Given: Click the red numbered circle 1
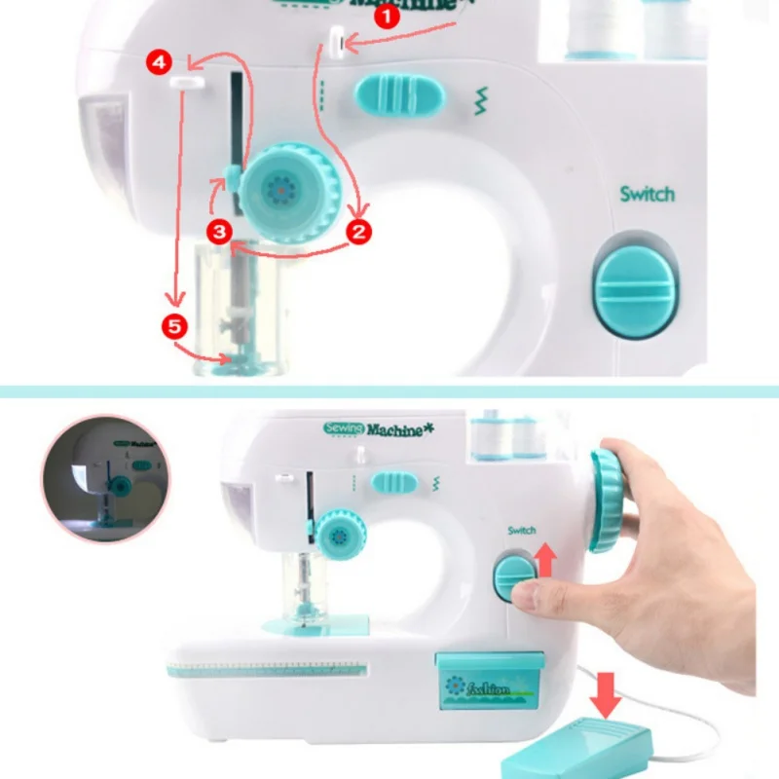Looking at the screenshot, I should [x=389, y=16].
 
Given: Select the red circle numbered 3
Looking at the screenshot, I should [x=220, y=231].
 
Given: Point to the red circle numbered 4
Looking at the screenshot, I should [x=161, y=62].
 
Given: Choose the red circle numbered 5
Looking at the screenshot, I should [x=174, y=326].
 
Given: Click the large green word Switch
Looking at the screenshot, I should [x=647, y=194].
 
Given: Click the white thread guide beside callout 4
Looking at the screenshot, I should [x=186, y=86].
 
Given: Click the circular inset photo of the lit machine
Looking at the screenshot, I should [x=105, y=479].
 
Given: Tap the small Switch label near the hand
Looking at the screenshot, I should [x=521, y=530].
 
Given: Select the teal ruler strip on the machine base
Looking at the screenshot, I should [x=267, y=669].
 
